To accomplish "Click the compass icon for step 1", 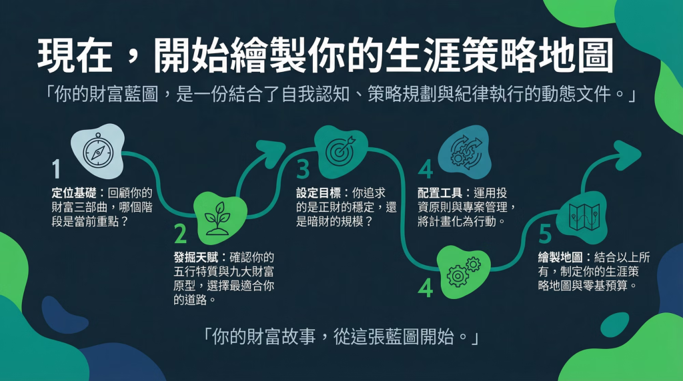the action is pos(98,151).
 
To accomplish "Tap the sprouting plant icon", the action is pos(218,218).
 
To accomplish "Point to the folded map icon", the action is pos(584,217).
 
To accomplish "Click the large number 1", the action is pos(56,169).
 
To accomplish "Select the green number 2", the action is pos(180,234).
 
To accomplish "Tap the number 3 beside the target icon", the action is pos(303,169).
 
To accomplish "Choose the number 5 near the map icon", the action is pos(545,234).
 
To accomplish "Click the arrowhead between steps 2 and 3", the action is pos(271,153).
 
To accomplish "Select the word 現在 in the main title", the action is pos(75,56).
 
